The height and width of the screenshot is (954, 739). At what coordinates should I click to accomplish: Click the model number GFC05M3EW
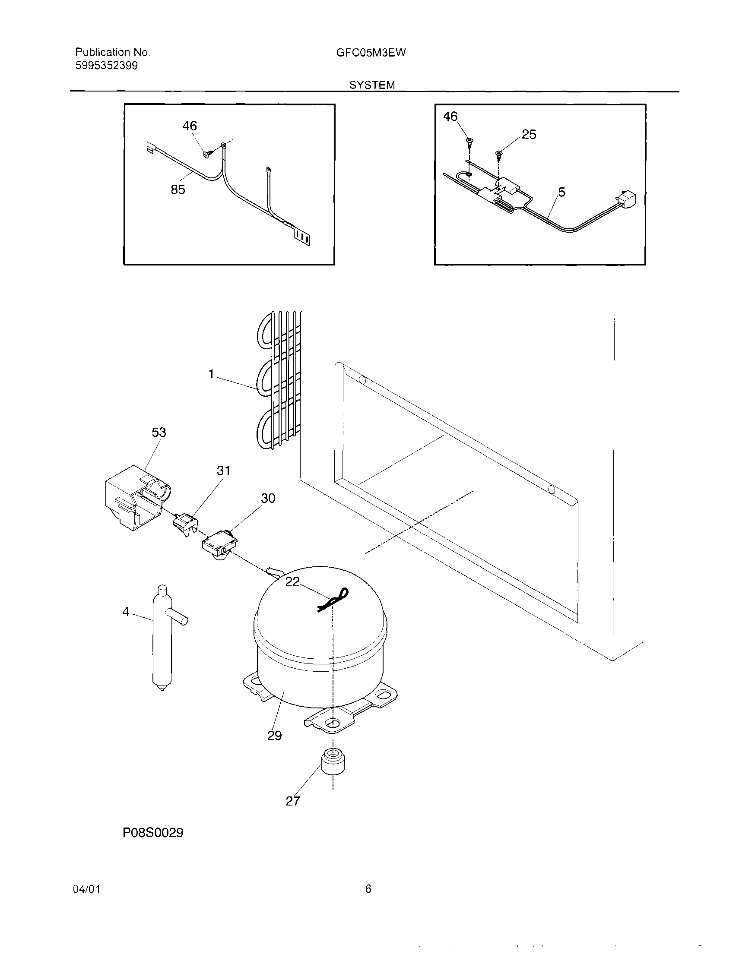[371, 53]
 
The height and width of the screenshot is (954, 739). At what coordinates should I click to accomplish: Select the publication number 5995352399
[106, 66]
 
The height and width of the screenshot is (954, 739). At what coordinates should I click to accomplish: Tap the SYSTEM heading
[371, 85]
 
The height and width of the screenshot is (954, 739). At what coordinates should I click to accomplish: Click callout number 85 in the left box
[178, 190]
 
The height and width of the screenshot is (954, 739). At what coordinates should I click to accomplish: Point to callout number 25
[529, 135]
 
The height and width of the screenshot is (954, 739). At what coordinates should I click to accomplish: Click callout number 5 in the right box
[561, 192]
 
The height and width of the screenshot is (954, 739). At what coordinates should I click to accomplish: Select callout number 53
[159, 433]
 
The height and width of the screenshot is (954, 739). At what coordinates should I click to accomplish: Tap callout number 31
[223, 471]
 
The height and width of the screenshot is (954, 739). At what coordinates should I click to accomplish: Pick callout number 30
[268, 498]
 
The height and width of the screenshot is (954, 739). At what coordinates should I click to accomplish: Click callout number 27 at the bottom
[293, 801]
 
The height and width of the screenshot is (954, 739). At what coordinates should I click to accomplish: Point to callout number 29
[274, 736]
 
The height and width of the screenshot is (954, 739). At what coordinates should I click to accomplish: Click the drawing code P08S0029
[153, 833]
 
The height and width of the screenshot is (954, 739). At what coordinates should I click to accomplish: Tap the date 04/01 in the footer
[86, 889]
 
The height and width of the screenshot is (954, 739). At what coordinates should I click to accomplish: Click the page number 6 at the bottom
[368, 889]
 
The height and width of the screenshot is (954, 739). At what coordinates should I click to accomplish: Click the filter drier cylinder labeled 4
[162, 638]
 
